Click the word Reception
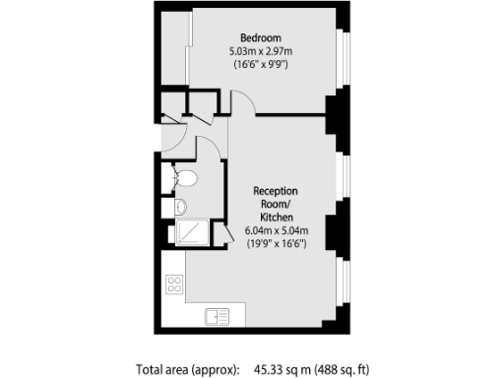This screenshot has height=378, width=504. (276, 190)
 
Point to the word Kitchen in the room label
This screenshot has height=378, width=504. (276, 217)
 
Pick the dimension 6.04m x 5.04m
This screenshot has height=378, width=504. (276, 230)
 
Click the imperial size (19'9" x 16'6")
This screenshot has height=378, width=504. (276, 243)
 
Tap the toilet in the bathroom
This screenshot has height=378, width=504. (185, 177)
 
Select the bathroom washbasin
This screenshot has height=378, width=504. (180, 207)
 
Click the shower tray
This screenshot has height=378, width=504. (190, 232)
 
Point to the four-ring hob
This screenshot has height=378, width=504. (176, 284)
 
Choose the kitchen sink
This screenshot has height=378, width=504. (217, 316)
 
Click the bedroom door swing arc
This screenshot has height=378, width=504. (242, 101)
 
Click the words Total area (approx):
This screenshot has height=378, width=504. (187, 369)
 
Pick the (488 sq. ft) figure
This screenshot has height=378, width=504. (342, 369)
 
